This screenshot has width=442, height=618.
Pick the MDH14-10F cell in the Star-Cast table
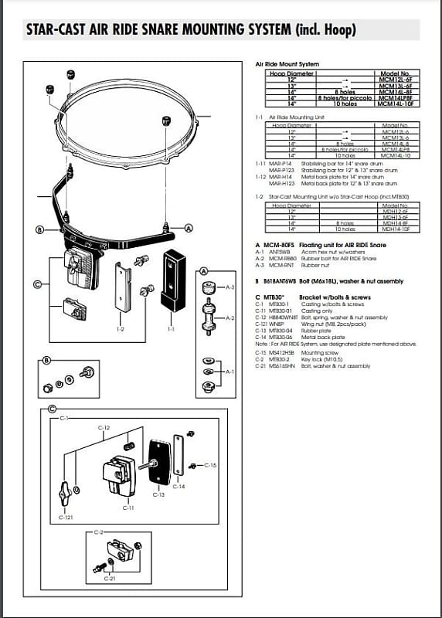395,229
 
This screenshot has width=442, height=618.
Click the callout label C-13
158,494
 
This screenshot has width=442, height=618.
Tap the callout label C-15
211,465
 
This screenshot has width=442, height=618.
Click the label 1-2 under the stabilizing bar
119,328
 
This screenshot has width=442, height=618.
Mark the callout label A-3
229,287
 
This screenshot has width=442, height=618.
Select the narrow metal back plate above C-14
179,455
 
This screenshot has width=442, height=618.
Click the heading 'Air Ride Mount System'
286,64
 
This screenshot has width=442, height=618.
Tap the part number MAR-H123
280,184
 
